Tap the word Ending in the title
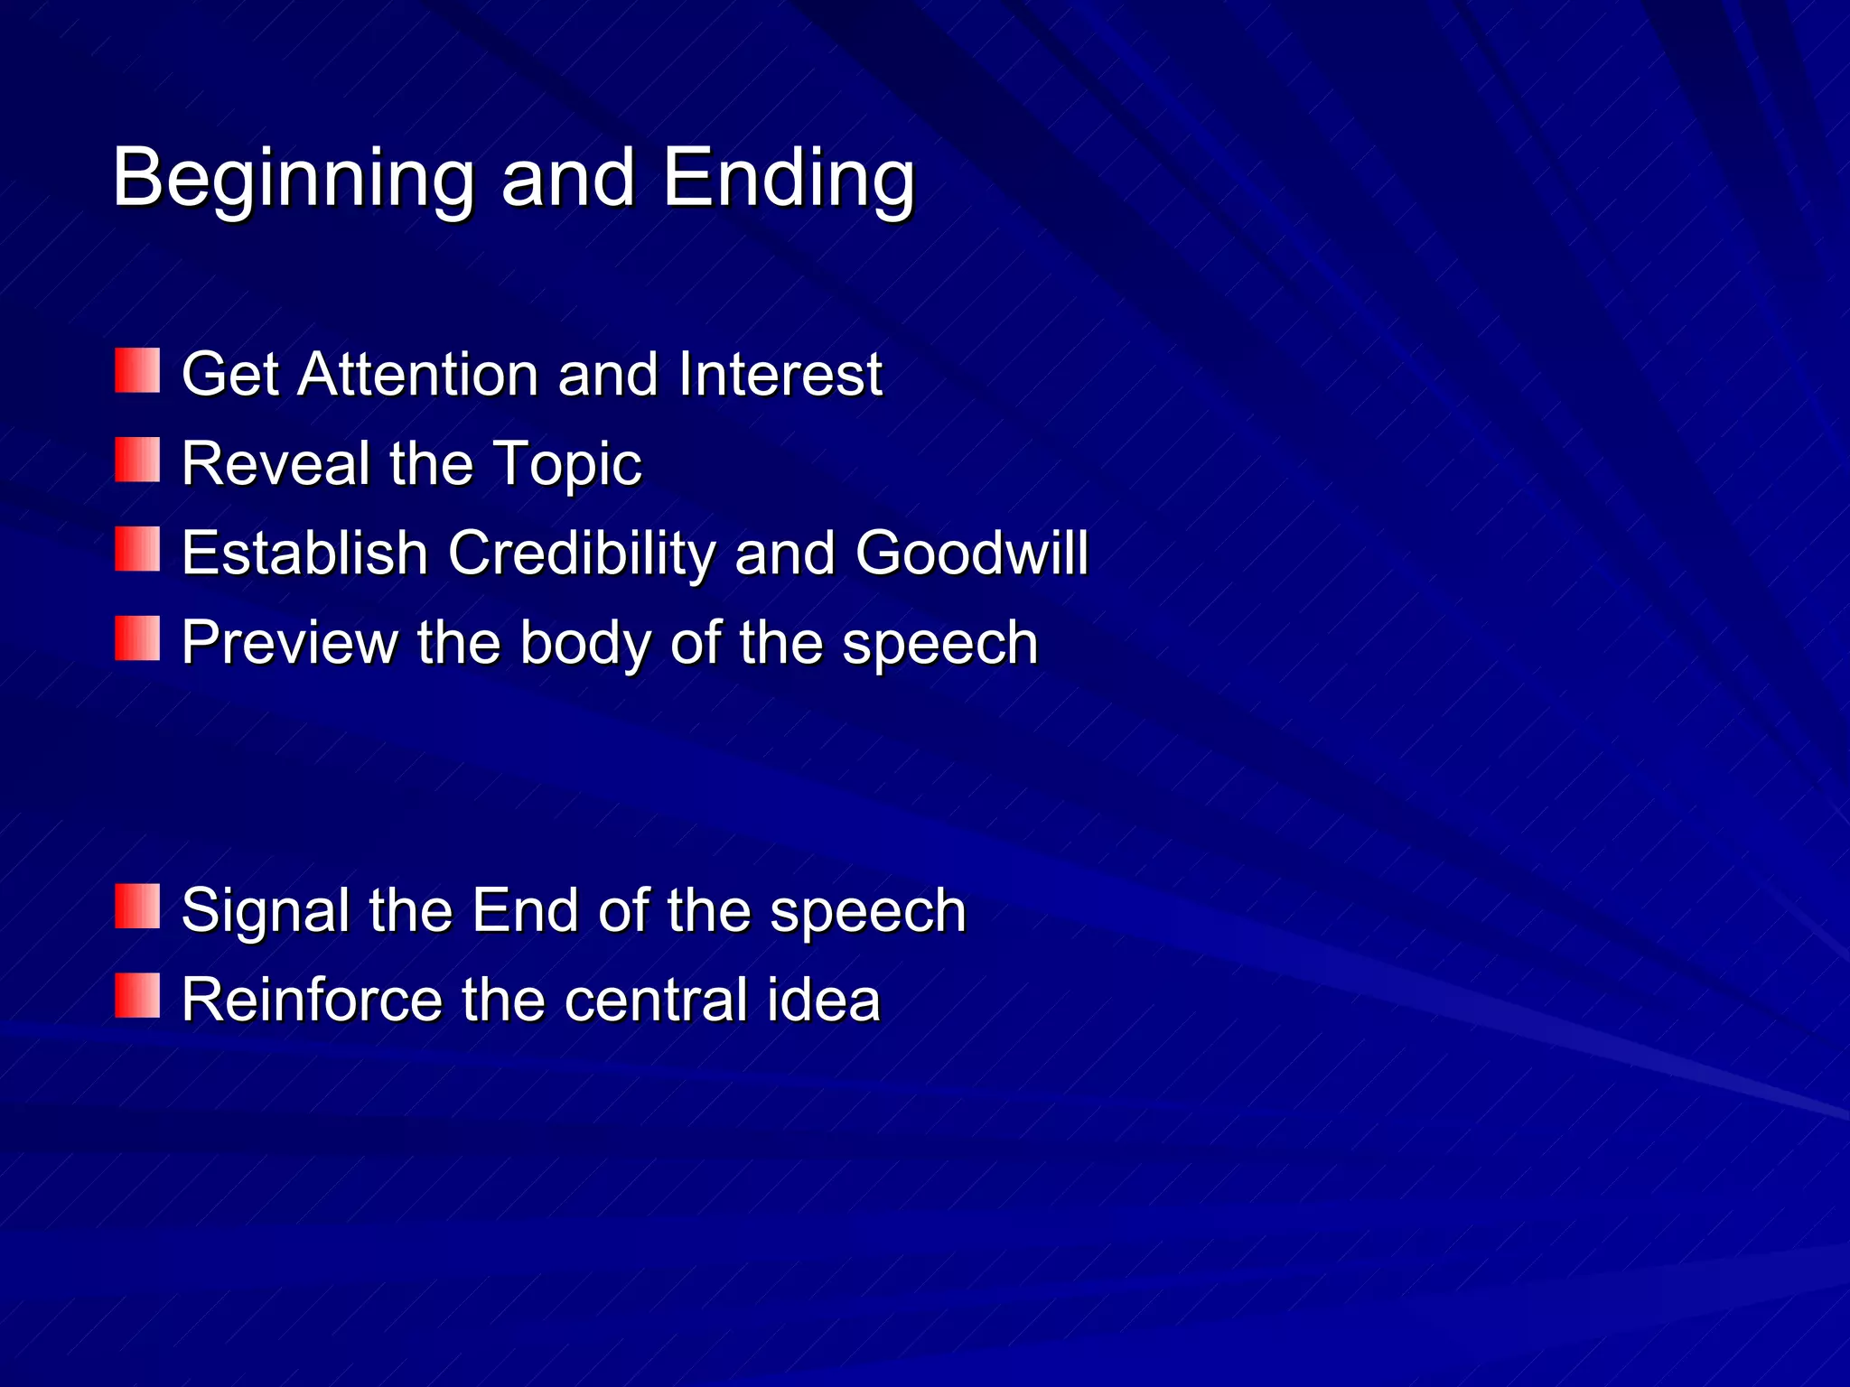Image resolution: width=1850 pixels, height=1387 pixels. click(x=789, y=179)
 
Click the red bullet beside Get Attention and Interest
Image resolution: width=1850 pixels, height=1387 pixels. click(x=137, y=371)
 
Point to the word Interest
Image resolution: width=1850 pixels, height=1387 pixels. click(x=780, y=374)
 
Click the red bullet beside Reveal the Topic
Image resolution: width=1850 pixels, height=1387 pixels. click(x=137, y=461)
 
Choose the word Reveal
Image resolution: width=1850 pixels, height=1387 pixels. click(x=276, y=463)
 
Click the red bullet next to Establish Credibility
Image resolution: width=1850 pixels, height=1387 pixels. click(x=137, y=550)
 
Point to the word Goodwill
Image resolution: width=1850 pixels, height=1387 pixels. click(x=971, y=553)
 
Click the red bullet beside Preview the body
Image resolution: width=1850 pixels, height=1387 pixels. click(x=137, y=639)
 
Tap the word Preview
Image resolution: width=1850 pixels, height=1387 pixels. click(x=290, y=642)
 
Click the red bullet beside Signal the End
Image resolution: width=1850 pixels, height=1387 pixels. click(x=137, y=907)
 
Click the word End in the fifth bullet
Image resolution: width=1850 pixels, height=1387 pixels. click(x=525, y=910)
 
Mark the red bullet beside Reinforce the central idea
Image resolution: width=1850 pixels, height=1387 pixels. click(x=137, y=996)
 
